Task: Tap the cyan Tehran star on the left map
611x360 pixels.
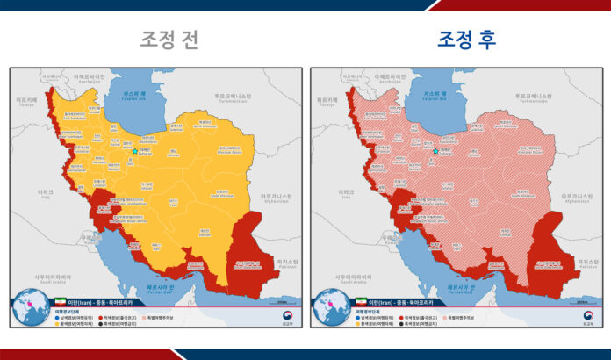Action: click(x=134, y=151)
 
